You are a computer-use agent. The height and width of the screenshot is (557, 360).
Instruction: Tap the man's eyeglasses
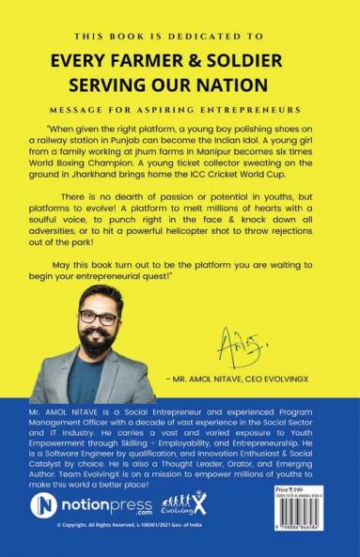(93, 319)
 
